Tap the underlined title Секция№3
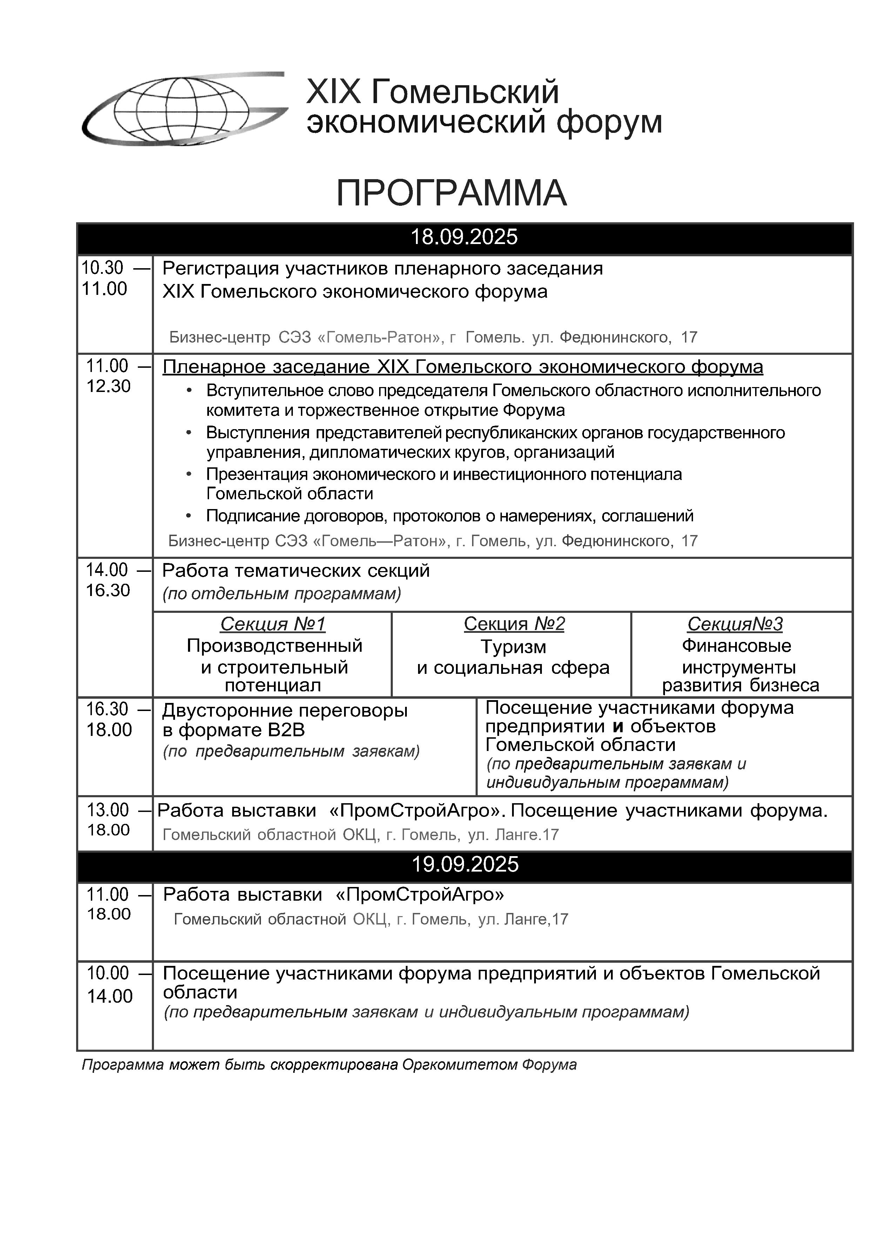735,624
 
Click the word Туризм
513,647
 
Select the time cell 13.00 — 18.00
115,819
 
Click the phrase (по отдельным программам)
281,594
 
